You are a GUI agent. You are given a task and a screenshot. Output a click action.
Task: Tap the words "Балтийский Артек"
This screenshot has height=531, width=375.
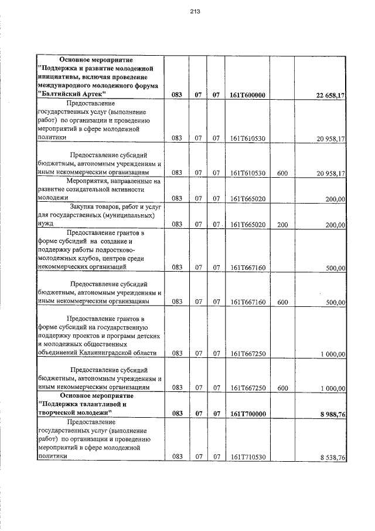pos(72,94)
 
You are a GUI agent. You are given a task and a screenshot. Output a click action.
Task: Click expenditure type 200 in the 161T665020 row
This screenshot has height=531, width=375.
pos(282,224)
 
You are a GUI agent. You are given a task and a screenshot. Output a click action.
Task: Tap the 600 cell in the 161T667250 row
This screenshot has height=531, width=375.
pos(282,388)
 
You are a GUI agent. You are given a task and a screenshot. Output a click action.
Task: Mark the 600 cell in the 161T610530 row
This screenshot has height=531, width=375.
pos(282,173)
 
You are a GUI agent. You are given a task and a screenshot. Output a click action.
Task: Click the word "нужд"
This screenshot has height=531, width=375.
pos(45,224)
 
